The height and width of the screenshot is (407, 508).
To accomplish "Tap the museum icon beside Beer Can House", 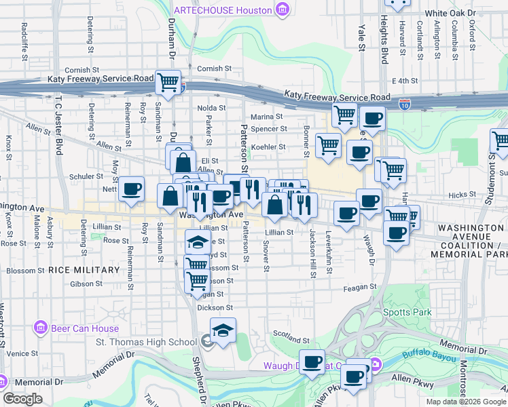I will pos(41,328).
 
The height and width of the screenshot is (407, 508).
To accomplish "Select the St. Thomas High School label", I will pos(146,342).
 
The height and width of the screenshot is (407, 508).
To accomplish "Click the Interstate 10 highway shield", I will pos(405,104).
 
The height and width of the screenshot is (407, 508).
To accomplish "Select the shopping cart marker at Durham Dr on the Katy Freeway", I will pos(168,83).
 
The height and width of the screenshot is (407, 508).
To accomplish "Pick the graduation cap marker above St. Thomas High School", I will pos(222,330).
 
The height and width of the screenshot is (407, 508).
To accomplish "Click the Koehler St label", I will pos(269,147).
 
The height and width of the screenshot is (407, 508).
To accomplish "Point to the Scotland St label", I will pos(291,334).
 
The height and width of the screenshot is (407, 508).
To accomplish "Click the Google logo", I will pos(23,398).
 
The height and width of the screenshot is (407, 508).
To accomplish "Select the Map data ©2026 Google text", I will pos(465,402).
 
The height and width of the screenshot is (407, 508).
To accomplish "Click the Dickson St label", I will pos(210,307).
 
